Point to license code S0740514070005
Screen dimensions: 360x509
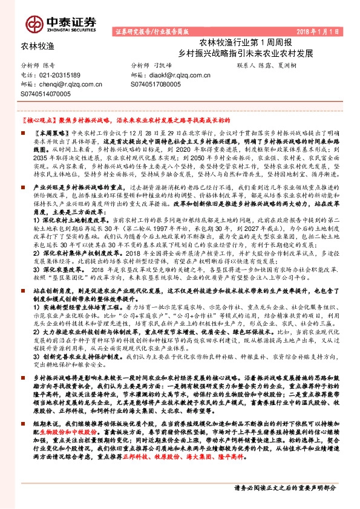click(x=45, y=94)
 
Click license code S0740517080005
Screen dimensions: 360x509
click(x=155, y=85)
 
